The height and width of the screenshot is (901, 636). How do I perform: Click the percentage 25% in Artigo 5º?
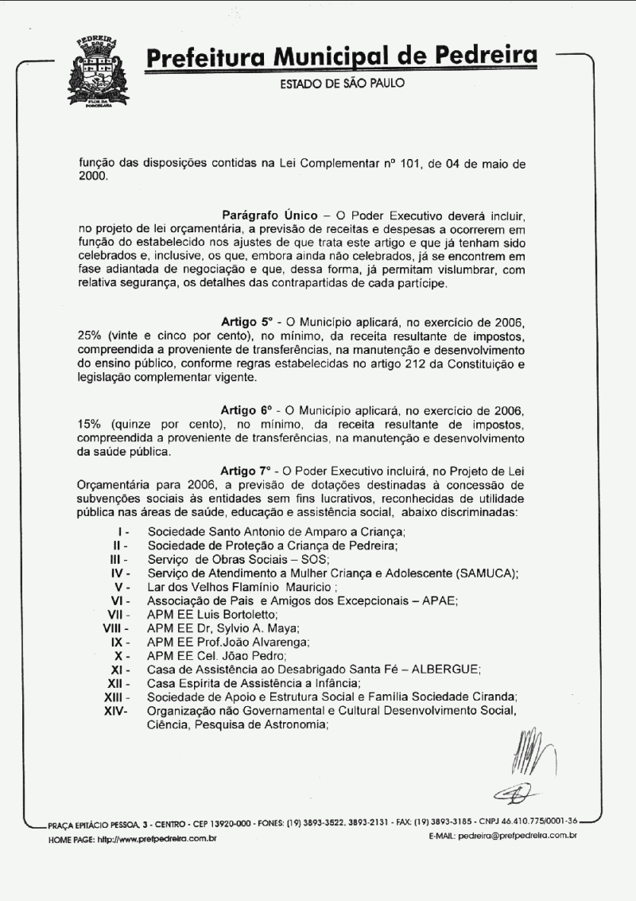click(92, 336)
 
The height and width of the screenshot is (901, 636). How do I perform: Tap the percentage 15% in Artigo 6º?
click(92, 424)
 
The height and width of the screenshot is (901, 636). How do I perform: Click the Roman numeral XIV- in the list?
click(115, 710)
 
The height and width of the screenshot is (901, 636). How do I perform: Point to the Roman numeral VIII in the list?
click(116, 627)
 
